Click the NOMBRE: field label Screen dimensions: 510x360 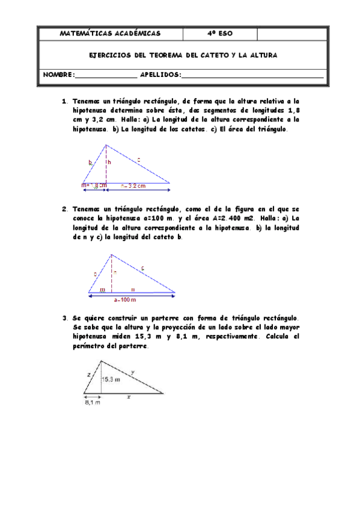coord(59,75)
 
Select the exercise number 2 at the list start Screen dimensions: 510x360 coord(64,209)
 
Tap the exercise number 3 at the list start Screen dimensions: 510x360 coord(64,318)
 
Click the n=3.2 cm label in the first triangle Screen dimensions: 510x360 coord(133,186)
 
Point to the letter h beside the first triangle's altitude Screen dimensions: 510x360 coord(109,162)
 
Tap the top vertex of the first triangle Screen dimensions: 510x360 coord(106,144)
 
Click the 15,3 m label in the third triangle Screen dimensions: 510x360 coord(110,379)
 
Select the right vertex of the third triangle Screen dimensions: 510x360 coord(163,393)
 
